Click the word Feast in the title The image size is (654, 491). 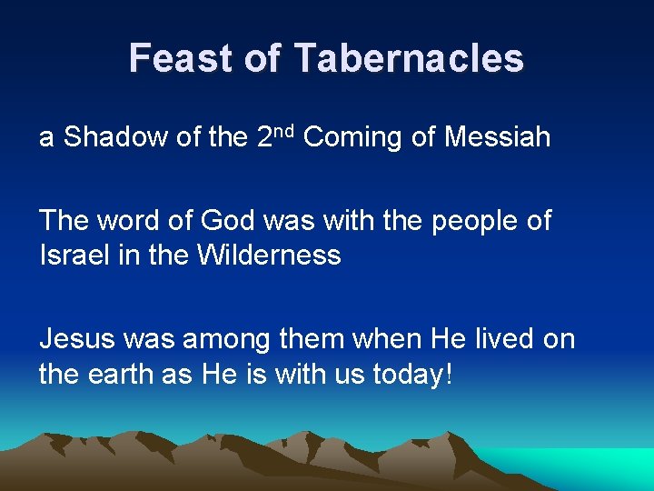point(178,58)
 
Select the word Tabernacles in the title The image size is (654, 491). point(409,58)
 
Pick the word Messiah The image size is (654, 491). point(498,137)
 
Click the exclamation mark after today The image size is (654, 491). point(446,373)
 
